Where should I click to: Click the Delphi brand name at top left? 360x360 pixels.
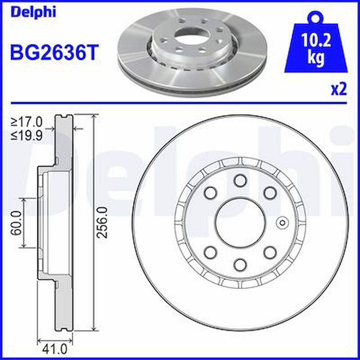coord(34,12)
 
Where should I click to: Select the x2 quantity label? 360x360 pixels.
coord(339,89)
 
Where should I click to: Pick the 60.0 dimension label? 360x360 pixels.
coord(16,222)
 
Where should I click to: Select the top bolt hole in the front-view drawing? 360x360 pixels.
coord(240,180)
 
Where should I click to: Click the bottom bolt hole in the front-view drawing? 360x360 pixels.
coord(240,264)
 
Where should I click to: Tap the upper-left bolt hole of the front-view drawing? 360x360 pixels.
coord(210,193)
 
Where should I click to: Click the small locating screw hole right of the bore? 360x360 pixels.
coord(282,223)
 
